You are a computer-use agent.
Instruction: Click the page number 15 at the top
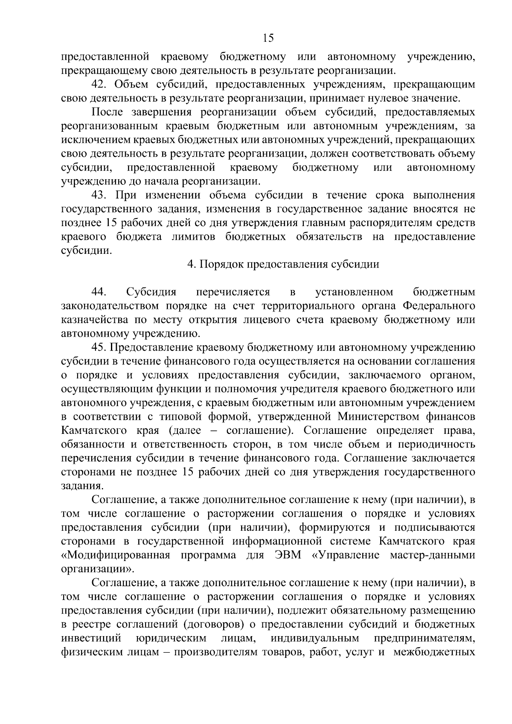tap(268, 38)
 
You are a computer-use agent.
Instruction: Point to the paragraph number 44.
tap(99, 292)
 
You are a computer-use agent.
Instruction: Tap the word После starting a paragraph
tap(107, 113)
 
